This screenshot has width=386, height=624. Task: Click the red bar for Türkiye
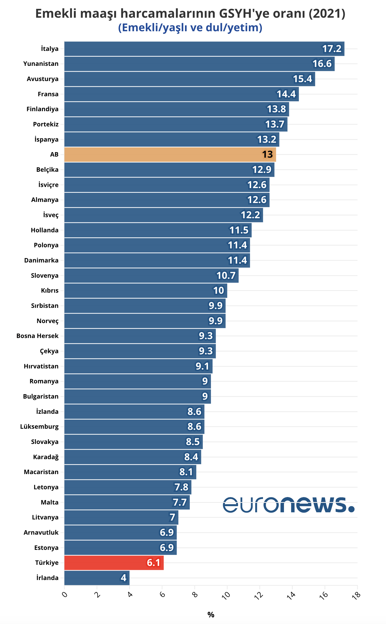(114, 563)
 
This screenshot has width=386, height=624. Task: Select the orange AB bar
(170, 155)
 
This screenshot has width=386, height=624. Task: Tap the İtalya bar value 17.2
(332, 49)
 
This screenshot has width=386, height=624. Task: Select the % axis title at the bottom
(211, 615)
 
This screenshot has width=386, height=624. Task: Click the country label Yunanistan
(41, 64)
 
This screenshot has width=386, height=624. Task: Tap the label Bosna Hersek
(38, 336)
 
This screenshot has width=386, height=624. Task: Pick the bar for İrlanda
(97, 578)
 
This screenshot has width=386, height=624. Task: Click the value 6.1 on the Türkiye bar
(153, 563)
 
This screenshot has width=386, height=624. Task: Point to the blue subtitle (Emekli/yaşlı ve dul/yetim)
(190, 28)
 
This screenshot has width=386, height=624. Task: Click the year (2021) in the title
(327, 13)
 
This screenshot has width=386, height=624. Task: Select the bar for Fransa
(181, 94)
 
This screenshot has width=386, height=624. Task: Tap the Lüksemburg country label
(39, 427)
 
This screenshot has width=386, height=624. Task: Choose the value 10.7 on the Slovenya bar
(226, 275)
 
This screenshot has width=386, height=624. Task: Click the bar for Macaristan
(130, 472)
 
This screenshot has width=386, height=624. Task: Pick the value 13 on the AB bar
(267, 155)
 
